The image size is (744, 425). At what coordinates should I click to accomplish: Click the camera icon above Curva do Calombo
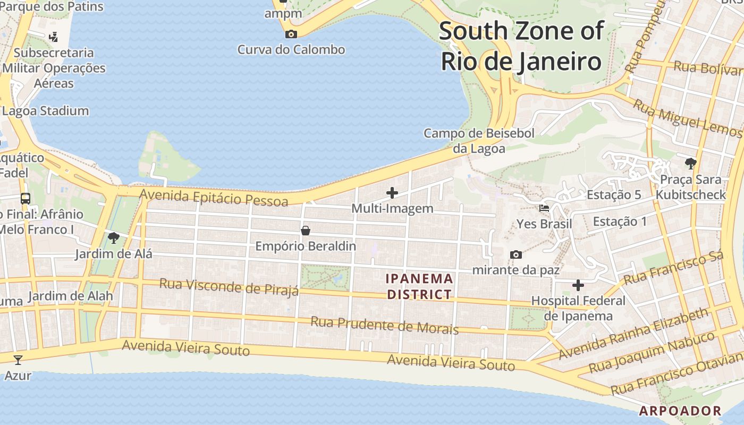(x=291, y=35)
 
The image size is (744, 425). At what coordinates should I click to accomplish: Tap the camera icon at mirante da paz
(x=515, y=255)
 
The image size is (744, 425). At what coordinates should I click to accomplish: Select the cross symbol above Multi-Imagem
(x=392, y=193)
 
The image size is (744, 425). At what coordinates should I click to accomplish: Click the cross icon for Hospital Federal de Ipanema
(x=578, y=286)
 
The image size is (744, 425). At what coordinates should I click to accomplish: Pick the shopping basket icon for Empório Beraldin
(x=306, y=231)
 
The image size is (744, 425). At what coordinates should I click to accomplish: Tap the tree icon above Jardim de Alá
(x=113, y=237)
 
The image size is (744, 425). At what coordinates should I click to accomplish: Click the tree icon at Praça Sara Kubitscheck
(x=690, y=163)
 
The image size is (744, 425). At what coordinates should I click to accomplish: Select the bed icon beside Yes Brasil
(x=544, y=208)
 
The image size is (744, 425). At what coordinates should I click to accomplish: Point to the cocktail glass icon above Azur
(x=18, y=360)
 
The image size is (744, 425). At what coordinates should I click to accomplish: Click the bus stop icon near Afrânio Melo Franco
(x=25, y=199)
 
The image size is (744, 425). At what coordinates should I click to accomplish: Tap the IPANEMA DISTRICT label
(x=419, y=286)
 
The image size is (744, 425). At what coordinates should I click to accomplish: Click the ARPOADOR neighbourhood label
(x=680, y=411)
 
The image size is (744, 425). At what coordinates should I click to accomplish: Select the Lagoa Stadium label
(x=45, y=111)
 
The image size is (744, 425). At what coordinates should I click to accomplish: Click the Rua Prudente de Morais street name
(x=384, y=325)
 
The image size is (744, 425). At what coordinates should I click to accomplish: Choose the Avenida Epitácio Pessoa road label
(x=214, y=198)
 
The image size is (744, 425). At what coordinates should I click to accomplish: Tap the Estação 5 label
(x=614, y=195)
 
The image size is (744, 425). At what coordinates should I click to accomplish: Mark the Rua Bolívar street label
(x=707, y=68)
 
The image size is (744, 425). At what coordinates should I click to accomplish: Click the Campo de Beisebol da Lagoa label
(x=479, y=141)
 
